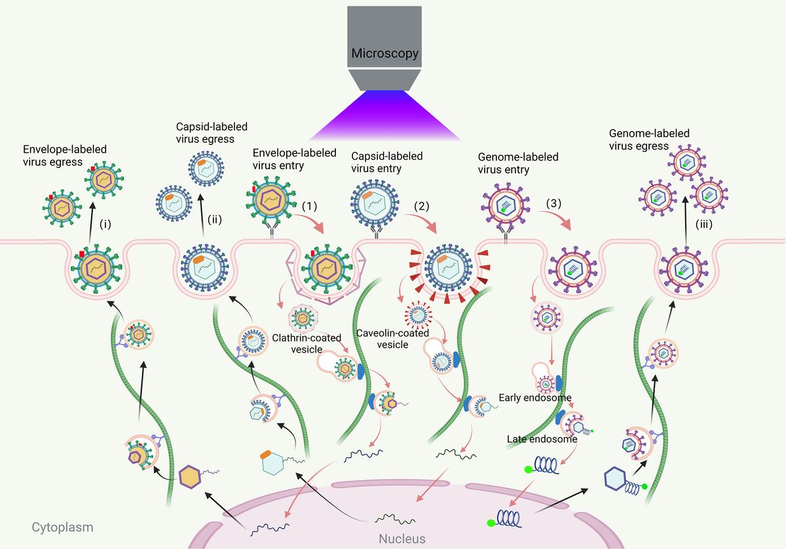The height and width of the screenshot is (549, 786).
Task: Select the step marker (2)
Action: [421, 205]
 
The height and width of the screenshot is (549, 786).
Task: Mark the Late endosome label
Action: [542, 440]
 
